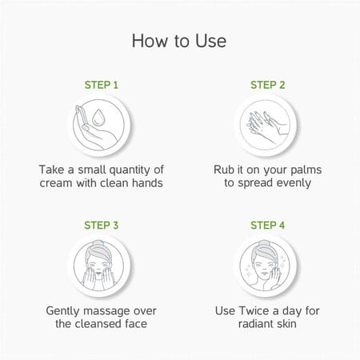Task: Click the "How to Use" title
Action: click(x=179, y=41)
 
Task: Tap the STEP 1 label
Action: click(x=102, y=85)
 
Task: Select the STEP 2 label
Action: click(x=268, y=85)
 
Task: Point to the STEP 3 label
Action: click(x=102, y=226)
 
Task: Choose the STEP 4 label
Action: click(x=267, y=226)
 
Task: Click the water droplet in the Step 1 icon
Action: click(x=98, y=117)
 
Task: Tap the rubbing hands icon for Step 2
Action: click(x=266, y=126)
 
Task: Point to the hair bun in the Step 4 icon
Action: click(x=265, y=243)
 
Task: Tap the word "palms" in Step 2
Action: click(x=306, y=170)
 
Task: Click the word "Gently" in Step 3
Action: click(x=62, y=311)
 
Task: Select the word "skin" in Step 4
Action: click(x=286, y=324)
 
